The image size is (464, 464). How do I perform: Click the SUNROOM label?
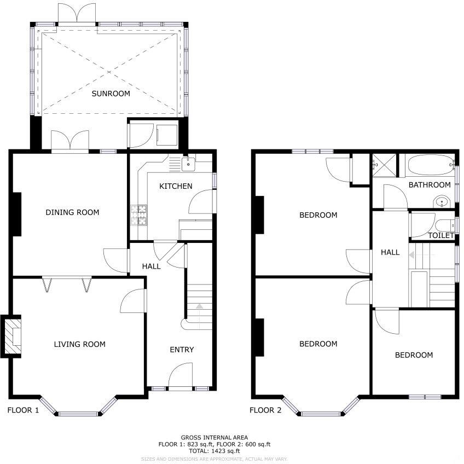(x=111, y=94)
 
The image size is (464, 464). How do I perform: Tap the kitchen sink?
(x=188, y=162)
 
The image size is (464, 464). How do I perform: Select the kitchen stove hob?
(x=139, y=214)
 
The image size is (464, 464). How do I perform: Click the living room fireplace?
(x=13, y=336)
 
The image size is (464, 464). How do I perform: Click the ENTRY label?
(x=182, y=350)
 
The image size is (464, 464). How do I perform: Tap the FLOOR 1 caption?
(x=23, y=410)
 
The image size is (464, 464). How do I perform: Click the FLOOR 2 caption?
(x=265, y=410)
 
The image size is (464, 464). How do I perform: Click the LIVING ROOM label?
(x=79, y=344)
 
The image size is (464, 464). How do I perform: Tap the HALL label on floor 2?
(x=390, y=252)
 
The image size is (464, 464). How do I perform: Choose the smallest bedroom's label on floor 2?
(x=414, y=355)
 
